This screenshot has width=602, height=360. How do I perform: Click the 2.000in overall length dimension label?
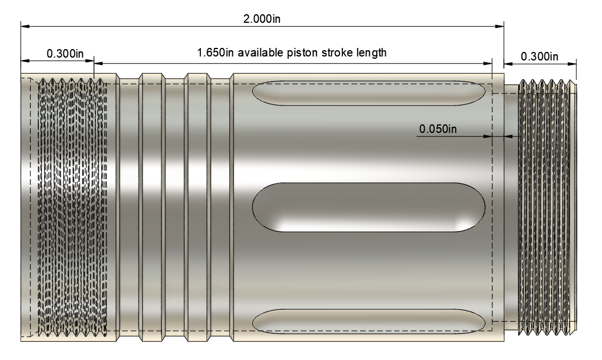[x=262, y=18]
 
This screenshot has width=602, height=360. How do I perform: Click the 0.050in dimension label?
[x=438, y=128]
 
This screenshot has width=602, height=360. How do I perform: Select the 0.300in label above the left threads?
[x=65, y=54]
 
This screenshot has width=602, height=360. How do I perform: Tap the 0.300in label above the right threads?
[x=539, y=56]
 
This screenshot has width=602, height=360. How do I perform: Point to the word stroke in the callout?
[x=337, y=52]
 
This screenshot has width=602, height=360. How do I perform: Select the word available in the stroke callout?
[x=261, y=52]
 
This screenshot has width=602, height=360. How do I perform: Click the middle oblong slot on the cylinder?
[x=369, y=207]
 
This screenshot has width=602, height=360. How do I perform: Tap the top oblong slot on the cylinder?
[x=369, y=93]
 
